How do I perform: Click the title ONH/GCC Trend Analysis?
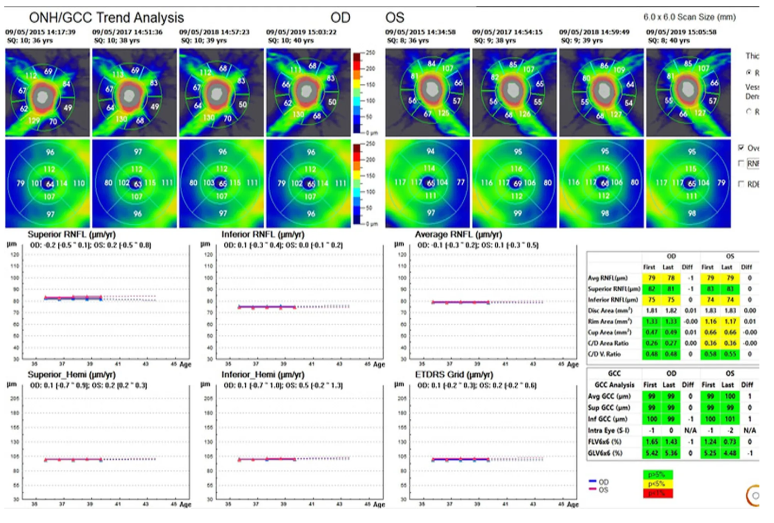[106, 18]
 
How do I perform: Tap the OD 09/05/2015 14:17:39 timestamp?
[41, 32]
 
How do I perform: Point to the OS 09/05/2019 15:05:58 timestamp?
[681, 32]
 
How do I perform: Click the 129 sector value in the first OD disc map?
[34, 120]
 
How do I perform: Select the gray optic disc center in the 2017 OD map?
[129, 96]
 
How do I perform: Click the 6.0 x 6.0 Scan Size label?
[689, 17]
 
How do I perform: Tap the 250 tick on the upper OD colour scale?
[370, 52]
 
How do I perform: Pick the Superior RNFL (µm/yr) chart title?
[71, 234]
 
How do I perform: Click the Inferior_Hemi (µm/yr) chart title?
[263, 374]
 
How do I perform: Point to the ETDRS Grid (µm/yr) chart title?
[454, 374]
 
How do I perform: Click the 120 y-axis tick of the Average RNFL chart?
[402, 254]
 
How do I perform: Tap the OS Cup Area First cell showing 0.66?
[710, 332]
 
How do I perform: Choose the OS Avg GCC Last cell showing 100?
[730, 396]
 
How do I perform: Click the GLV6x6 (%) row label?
[605, 453]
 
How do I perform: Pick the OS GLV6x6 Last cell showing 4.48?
[730, 453]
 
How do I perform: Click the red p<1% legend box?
[657, 493]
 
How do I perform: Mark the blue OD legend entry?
[598, 482]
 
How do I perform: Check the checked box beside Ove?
[741, 147]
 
